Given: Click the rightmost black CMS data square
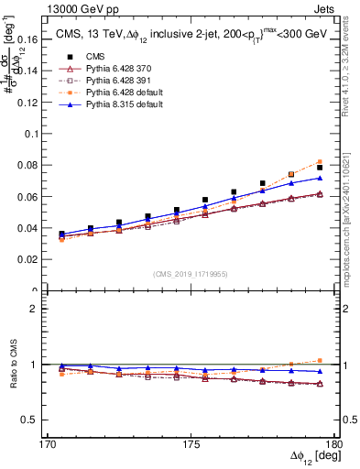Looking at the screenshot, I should (320, 168).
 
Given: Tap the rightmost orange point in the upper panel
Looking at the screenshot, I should (320, 161).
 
